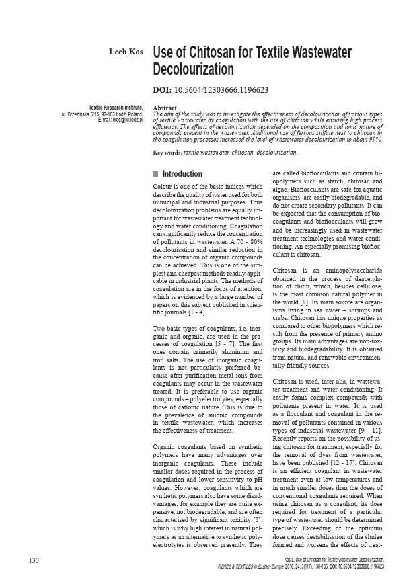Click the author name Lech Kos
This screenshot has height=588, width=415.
(x=126, y=52)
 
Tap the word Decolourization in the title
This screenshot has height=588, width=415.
(x=194, y=69)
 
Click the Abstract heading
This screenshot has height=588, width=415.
(x=165, y=108)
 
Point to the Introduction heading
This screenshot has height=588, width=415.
(x=182, y=174)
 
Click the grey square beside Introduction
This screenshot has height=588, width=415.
(x=156, y=174)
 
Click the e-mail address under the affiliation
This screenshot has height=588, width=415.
(x=119, y=120)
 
